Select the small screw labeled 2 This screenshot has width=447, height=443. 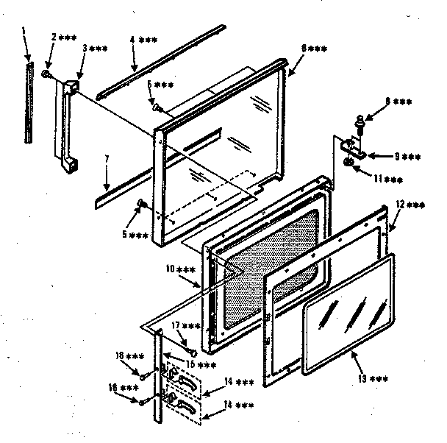[46, 74]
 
